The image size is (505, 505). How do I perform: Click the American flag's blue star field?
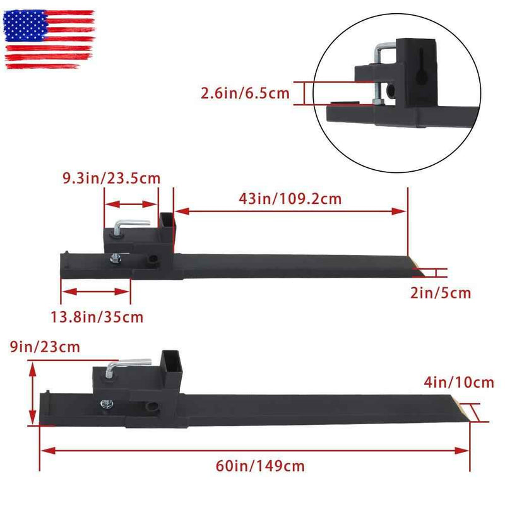pos(25,26)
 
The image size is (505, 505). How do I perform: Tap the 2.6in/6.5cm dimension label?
pos(245,93)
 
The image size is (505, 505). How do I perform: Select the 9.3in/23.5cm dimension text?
pos(112,178)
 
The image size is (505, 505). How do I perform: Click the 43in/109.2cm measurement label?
pos(290,199)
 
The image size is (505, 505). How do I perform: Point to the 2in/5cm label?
pos(441,293)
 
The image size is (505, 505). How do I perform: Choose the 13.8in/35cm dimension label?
pos(97,318)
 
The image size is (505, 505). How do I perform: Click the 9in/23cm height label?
pos(45,347)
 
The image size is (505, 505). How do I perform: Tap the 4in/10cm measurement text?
pos(459,383)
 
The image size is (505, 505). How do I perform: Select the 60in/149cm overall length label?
pos(260,466)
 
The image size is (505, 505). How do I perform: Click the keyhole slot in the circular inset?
pos(420,67)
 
